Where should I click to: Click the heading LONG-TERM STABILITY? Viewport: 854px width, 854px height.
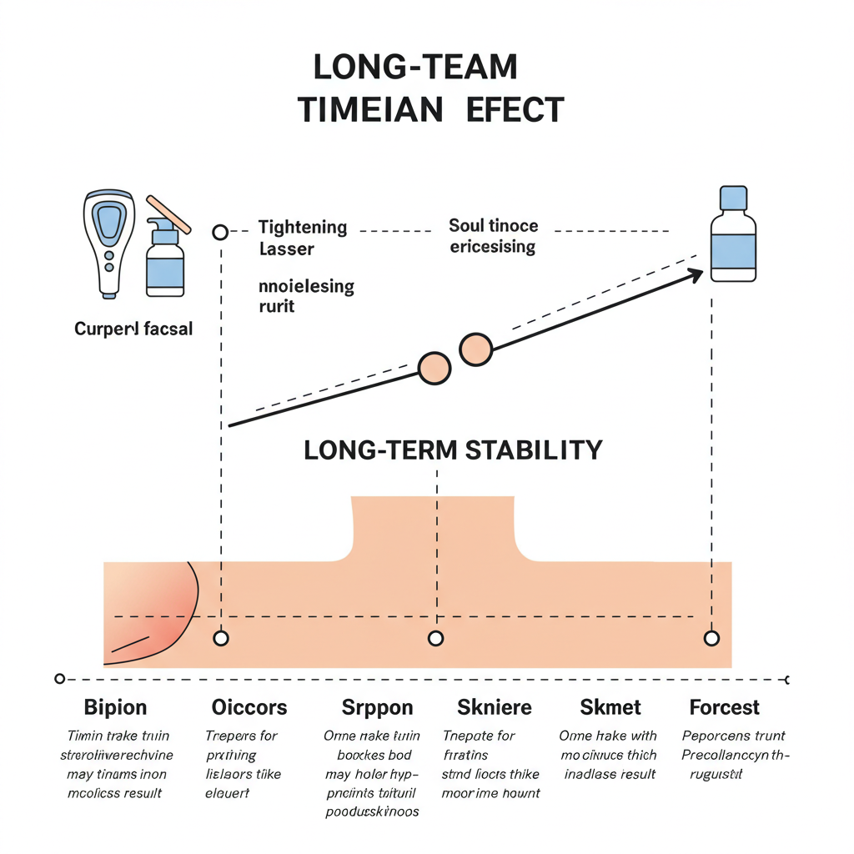pyautogui.click(x=452, y=450)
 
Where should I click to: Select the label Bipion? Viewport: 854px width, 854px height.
pyautogui.click(x=115, y=708)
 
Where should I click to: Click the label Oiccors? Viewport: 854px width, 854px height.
pyautogui.click(x=249, y=708)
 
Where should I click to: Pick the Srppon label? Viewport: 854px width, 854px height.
pyautogui.click(x=377, y=708)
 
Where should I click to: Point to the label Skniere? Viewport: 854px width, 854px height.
pyautogui.click(x=495, y=708)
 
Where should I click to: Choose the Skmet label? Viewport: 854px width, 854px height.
pyautogui.click(x=610, y=708)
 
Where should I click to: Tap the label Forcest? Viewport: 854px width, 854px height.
pyautogui.click(x=724, y=708)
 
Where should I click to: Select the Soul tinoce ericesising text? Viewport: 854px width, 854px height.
pyautogui.click(x=493, y=236)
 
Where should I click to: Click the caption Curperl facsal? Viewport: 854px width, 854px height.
pyautogui.click(x=133, y=329)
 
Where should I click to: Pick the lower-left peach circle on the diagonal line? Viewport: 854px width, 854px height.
pyautogui.click(x=434, y=368)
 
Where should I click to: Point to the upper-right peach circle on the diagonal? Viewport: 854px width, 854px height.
pyautogui.click(x=475, y=349)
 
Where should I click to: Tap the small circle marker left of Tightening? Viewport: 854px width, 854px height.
pyautogui.click(x=220, y=232)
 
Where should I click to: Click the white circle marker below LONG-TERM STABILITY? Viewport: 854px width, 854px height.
pyautogui.click(x=435, y=639)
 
